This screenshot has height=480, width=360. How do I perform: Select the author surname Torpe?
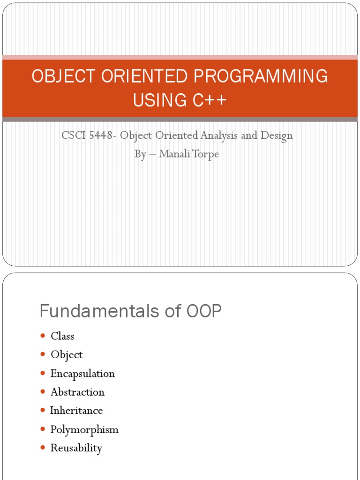click(x=203, y=154)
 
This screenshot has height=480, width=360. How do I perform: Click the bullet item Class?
click(x=62, y=336)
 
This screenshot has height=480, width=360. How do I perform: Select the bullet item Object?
click(x=67, y=355)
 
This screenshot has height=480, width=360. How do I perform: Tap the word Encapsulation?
click(x=82, y=374)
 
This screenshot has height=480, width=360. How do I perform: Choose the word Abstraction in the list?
click(x=77, y=392)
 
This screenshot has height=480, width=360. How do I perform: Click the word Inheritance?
click(x=76, y=411)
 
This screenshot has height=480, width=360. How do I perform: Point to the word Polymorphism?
click(x=84, y=429)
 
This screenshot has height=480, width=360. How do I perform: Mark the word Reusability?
click(x=76, y=448)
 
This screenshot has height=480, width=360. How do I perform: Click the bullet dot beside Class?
click(x=43, y=336)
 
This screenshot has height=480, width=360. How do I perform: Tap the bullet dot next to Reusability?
click(x=43, y=448)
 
